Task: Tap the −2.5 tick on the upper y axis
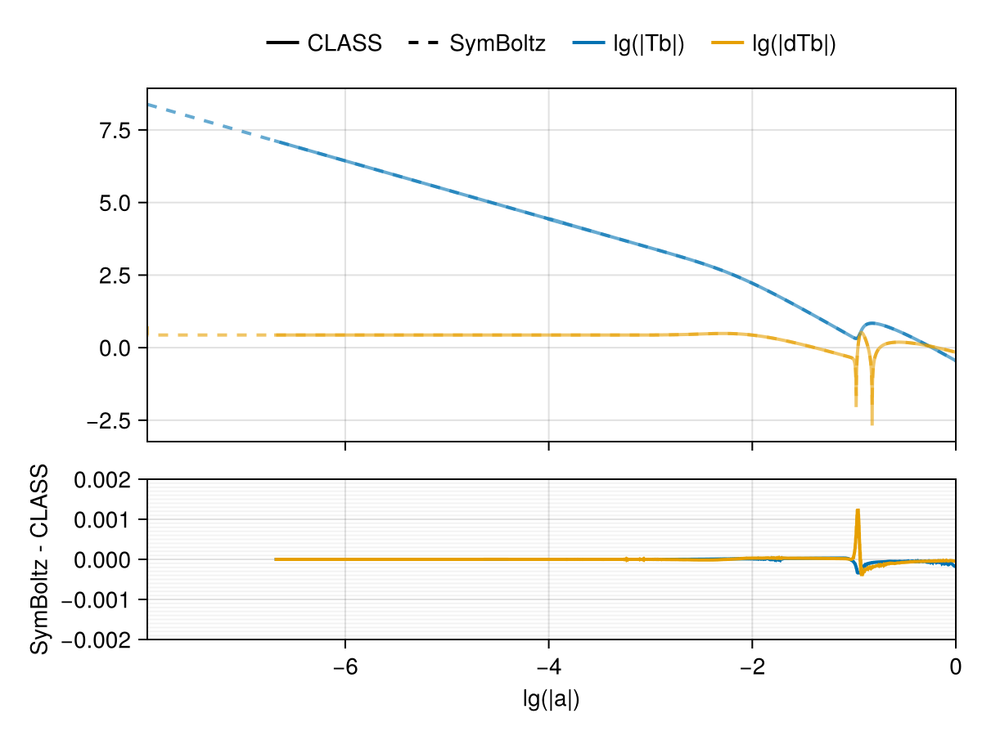click(x=110, y=420)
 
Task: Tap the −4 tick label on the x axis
click(x=548, y=666)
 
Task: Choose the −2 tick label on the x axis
click(x=751, y=666)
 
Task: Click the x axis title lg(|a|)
click(x=551, y=699)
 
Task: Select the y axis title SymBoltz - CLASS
click(x=38, y=559)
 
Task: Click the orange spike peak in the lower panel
click(x=858, y=510)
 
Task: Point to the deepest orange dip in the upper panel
click(x=872, y=423)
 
